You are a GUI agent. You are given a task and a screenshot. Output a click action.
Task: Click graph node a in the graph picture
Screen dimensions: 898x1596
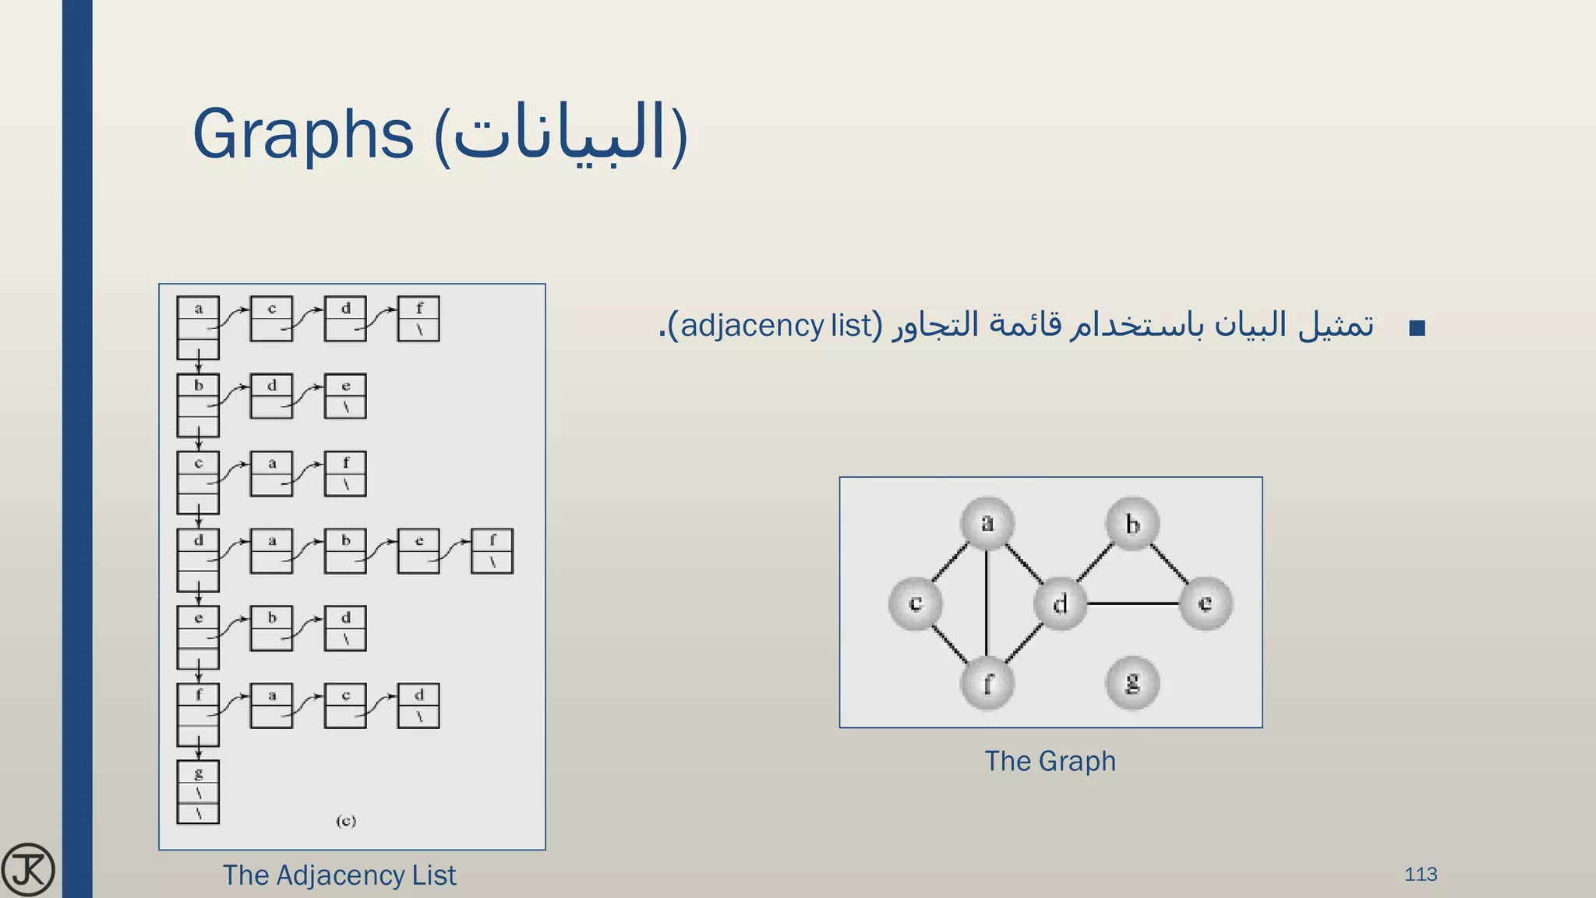[x=987, y=523]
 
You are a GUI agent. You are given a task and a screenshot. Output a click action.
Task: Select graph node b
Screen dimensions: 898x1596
[x=1132, y=524]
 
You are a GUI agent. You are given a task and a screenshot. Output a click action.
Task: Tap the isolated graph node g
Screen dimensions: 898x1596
[x=1132, y=683]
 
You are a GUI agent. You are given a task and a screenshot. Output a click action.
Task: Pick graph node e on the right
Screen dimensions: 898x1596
[x=1205, y=603]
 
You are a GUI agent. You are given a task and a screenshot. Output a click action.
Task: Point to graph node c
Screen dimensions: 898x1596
[x=916, y=603]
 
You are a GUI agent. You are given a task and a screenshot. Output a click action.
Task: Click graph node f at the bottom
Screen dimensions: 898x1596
[x=987, y=684]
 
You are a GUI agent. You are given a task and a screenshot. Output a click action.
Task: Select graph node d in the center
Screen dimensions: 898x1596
[x=1060, y=603]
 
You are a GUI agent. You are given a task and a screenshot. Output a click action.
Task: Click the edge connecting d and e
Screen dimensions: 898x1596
[x=1133, y=603]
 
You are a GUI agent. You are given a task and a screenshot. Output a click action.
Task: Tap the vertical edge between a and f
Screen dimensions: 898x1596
[x=987, y=603]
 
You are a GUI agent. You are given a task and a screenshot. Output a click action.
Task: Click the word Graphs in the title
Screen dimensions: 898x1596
[x=302, y=133]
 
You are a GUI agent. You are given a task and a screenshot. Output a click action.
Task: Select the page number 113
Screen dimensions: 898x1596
[x=1421, y=875]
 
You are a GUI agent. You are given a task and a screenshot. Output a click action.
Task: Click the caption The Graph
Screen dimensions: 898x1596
[x=1050, y=761]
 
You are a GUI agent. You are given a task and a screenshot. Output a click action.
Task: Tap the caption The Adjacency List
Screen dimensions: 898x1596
[x=339, y=875]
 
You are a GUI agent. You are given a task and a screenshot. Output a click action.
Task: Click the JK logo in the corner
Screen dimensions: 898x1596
[x=28, y=869]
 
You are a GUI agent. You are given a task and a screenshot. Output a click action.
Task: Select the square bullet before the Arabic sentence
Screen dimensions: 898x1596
[x=1418, y=327]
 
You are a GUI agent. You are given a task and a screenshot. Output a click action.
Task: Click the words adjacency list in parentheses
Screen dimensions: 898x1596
[x=776, y=325]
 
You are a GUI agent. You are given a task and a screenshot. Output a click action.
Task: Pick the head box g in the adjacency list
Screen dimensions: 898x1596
[x=198, y=791]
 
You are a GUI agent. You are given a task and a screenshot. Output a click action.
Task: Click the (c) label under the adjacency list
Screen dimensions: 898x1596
[x=346, y=821]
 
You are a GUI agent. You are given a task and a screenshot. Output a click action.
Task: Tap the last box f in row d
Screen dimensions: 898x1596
[x=492, y=551]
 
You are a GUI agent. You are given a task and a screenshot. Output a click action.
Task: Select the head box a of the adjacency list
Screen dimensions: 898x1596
[x=198, y=327]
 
